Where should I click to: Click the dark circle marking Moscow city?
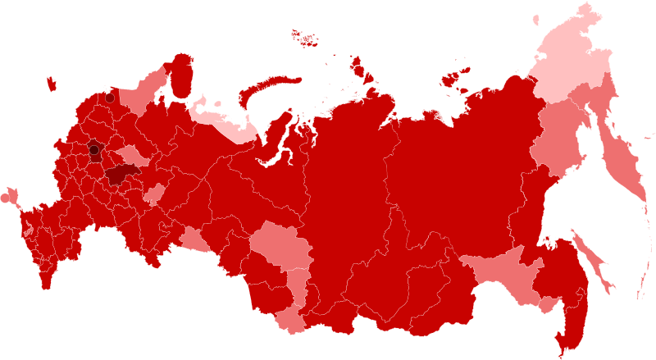[x=93, y=150]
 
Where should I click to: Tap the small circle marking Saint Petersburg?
[x=110, y=98]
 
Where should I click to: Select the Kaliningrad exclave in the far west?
[x=51, y=83]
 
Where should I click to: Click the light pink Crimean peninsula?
[x=9, y=196]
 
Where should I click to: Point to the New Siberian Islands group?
[x=453, y=79]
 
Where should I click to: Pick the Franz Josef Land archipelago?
[x=305, y=37]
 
